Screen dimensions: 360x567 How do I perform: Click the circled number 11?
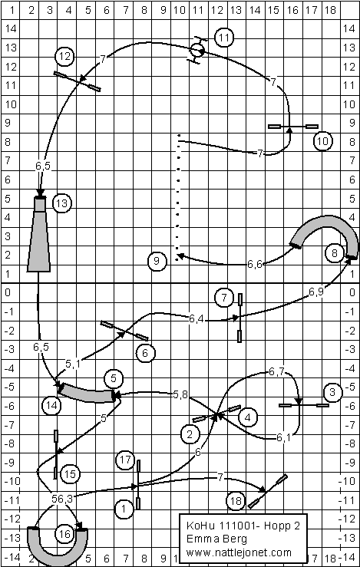pos(224,38)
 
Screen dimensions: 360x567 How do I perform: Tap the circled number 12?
pos(65,57)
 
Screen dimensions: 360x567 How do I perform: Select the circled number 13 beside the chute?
pos(62,203)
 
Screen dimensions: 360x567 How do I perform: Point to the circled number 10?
pos(322,141)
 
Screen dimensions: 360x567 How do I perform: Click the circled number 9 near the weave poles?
pos(157,261)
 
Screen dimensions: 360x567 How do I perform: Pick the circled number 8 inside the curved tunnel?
pos(334,253)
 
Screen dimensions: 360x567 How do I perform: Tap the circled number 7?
pos(224,298)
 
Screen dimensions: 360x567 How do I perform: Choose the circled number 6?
pos(145,353)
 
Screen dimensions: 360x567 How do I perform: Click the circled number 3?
pos(332,392)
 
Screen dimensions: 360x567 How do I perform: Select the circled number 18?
pos(236,501)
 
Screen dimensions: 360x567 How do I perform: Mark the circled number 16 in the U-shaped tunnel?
pos(64,534)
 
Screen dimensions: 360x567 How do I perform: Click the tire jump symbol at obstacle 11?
pos(197,51)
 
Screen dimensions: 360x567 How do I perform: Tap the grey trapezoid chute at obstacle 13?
pos(38,234)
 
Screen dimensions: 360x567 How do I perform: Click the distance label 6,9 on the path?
pos(316,292)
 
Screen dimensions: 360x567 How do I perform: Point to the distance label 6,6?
pos(255,264)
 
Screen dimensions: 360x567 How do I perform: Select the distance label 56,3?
pos(62,499)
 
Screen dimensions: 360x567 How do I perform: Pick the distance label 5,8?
pos(180,395)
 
